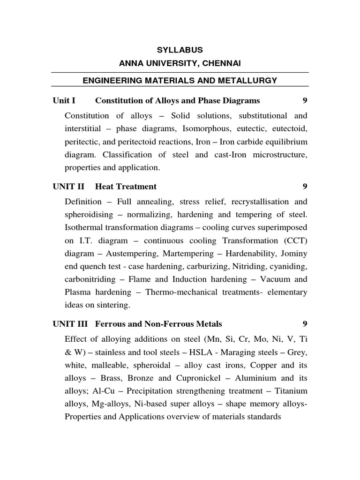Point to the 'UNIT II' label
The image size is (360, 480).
pyautogui.click(x=68, y=187)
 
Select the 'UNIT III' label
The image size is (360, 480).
pyautogui.click(x=70, y=324)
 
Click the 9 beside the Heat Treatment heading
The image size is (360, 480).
pyautogui.click(x=305, y=187)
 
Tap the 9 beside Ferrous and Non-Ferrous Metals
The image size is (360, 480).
pyautogui.click(x=305, y=324)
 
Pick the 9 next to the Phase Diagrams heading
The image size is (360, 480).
pyautogui.click(x=305, y=100)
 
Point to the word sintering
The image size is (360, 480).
pyautogui.click(x=112, y=305)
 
